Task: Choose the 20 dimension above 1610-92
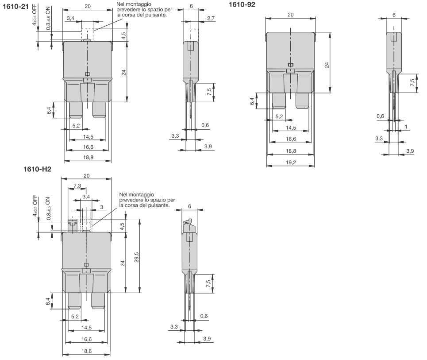(290, 15)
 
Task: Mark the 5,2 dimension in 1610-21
(76, 126)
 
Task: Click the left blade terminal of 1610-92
(279, 101)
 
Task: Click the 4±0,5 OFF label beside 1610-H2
(35, 206)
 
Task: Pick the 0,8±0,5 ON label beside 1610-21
(48, 22)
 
